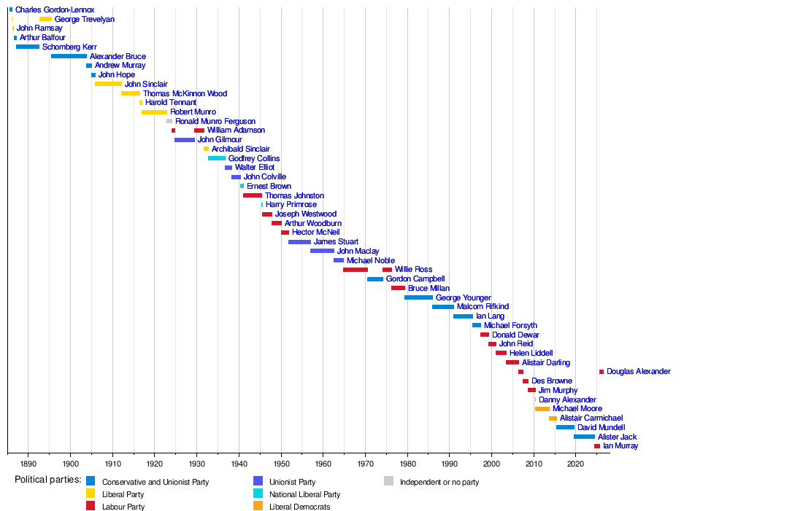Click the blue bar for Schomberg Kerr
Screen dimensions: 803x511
point(28,47)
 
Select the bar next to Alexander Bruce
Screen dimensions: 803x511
point(69,56)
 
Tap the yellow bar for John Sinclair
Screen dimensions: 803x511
point(109,84)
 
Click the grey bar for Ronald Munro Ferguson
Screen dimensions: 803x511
point(169,121)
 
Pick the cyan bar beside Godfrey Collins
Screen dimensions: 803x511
point(217,159)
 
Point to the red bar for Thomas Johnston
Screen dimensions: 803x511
point(253,195)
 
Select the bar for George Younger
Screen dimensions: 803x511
point(419,297)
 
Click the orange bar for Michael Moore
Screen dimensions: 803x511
point(542,409)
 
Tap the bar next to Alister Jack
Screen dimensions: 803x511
point(584,437)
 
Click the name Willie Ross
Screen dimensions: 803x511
point(414,270)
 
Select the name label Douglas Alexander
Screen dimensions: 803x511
point(639,371)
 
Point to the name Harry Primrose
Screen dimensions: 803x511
point(291,205)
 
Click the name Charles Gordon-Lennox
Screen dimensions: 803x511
point(55,9)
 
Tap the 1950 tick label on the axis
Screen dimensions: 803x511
point(281,464)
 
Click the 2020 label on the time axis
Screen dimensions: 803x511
point(576,464)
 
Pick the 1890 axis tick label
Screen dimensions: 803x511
point(28,464)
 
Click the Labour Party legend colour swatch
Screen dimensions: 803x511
point(91,506)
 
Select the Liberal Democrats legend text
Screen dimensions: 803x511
point(299,507)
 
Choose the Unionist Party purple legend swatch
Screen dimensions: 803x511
point(258,481)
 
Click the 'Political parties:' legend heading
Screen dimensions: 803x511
point(48,480)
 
